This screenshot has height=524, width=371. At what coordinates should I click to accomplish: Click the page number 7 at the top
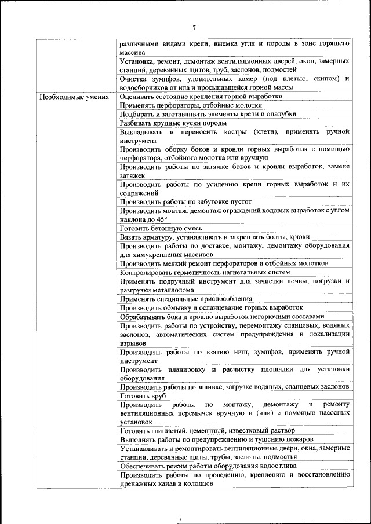tap(194, 27)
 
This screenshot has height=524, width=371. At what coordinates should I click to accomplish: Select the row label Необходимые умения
tap(74, 97)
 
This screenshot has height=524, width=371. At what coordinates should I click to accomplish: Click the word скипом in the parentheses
tap(325, 78)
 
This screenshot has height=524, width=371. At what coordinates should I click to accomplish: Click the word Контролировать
tap(148, 272)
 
